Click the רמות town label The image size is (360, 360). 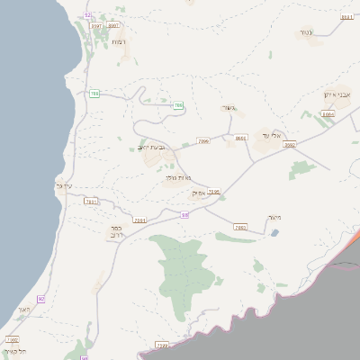point(117,42)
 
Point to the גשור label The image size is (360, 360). point(228,108)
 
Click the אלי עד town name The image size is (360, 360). point(273,135)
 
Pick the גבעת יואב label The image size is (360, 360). point(154,148)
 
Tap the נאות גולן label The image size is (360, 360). point(177,178)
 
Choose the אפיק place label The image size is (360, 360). point(198,193)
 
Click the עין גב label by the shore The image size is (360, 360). point(63,186)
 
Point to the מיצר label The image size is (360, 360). point(274,217)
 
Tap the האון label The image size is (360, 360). point(23,310)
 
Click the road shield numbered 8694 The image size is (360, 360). point(328,114)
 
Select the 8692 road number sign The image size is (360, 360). point(290,144)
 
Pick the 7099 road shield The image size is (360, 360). point(203,141)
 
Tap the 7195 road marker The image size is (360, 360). point(213,192)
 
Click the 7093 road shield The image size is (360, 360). point(239,228)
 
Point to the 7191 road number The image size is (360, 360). point(139,220)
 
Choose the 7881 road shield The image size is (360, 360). point(90,202)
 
